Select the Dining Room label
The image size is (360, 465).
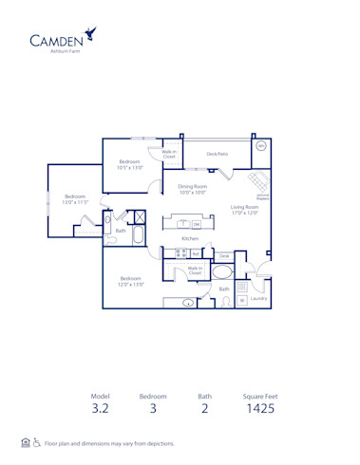coord(193,186)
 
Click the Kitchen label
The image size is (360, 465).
coord(190,238)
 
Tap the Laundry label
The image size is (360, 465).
coord(259,298)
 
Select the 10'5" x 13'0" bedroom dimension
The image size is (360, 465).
coord(130,167)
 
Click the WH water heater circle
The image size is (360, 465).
coord(261,147)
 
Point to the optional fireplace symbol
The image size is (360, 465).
coord(256,182)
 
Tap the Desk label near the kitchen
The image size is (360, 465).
coord(224,256)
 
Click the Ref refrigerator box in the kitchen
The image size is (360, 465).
coord(195,253)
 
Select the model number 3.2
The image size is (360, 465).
coord(101,409)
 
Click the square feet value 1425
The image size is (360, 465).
coord(258,409)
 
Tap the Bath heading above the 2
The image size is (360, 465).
coord(204,395)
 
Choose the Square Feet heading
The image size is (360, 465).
coord(258,395)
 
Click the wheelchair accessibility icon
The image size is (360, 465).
coord(37,443)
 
